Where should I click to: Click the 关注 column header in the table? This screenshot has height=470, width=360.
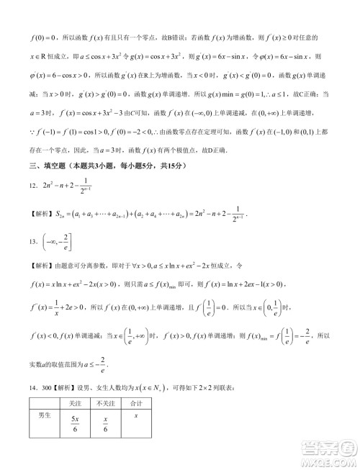pos(75,405)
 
